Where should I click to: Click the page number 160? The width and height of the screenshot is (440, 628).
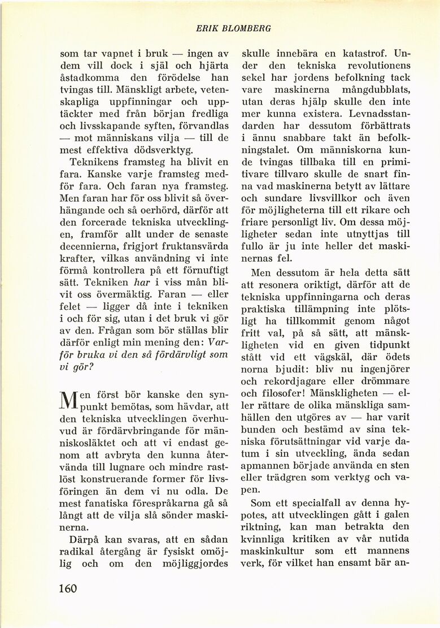point(68,588)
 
